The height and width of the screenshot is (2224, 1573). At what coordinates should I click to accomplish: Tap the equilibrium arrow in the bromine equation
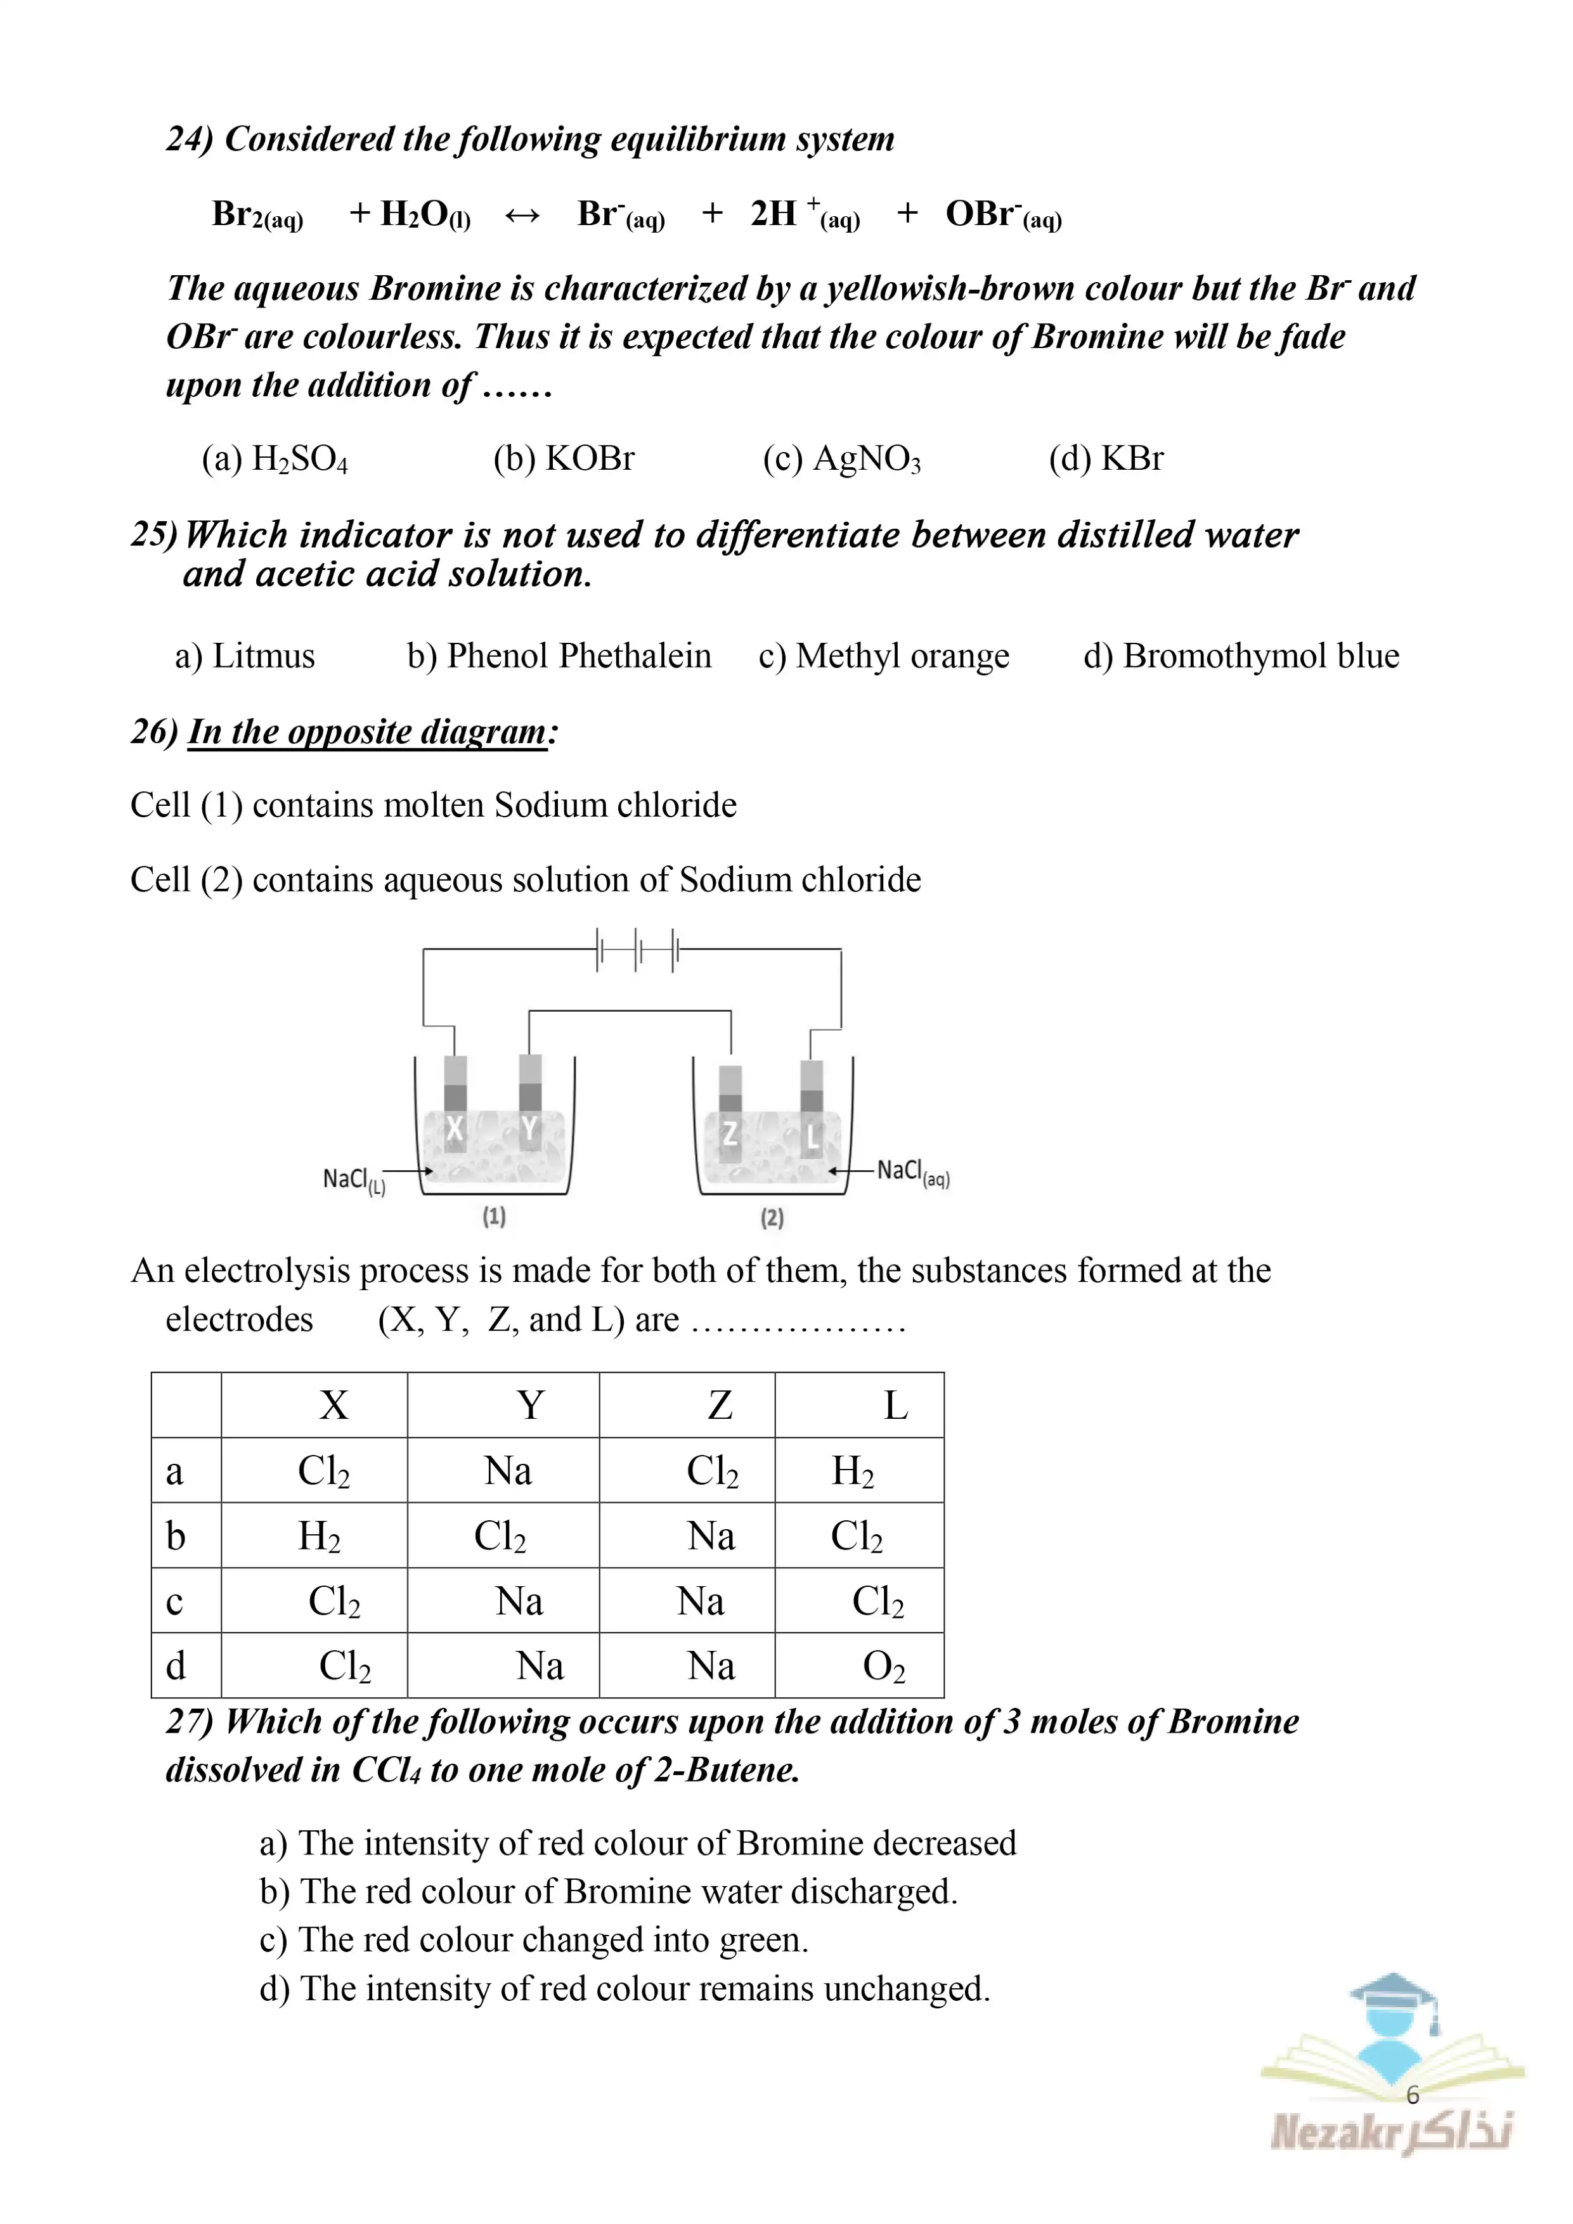522,215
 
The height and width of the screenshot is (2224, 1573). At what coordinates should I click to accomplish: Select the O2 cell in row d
883,1666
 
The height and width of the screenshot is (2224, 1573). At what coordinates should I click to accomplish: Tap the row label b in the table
176,1536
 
